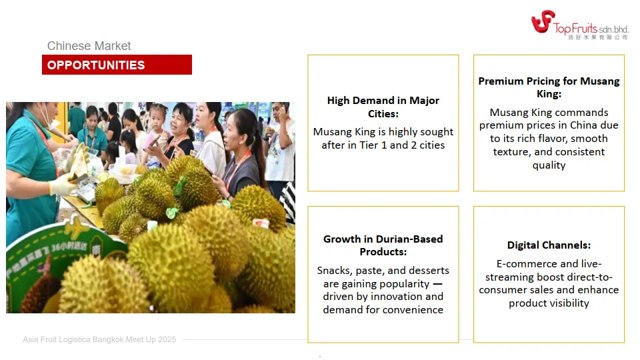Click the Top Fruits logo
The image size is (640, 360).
(579, 25)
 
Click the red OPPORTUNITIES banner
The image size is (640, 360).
(117, 65)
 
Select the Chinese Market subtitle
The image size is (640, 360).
(89, 46)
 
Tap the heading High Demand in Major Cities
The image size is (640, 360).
(383, 107)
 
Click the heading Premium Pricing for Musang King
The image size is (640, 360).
(549, 87)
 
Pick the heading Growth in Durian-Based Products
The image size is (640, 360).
(383, 245)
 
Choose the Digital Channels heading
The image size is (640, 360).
(549, 245)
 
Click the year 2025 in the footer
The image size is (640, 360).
(167, 339)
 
